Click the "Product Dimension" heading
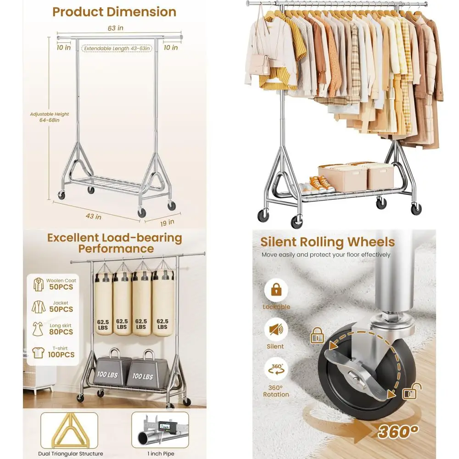[114, 11]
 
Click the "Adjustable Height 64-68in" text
[50, 117]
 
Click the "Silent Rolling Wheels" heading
[327, 242]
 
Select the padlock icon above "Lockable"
[276, 290]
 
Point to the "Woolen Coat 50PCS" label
[54, 284]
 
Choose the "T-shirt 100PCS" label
[54, 352]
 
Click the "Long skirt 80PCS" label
[54, 329]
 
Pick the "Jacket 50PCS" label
[54, 307]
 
